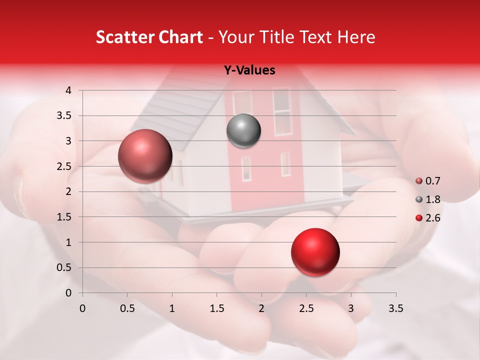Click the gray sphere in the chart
click(243, 131)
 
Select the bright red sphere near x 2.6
click(315, 252)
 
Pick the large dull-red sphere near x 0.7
click(145, 156)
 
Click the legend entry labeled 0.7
click(428, 181)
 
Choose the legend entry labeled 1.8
click(428, 199)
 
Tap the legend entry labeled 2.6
click(428, 218)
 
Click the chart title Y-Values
click(249, 70)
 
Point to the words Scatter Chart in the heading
click(149, 37)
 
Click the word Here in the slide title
click(355, 37)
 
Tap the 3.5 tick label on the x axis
click(396, 308)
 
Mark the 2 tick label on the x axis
click(261, 308)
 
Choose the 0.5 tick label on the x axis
click(127, 308)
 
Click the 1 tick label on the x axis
click(172, 308)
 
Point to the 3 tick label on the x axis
click(351, 308)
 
